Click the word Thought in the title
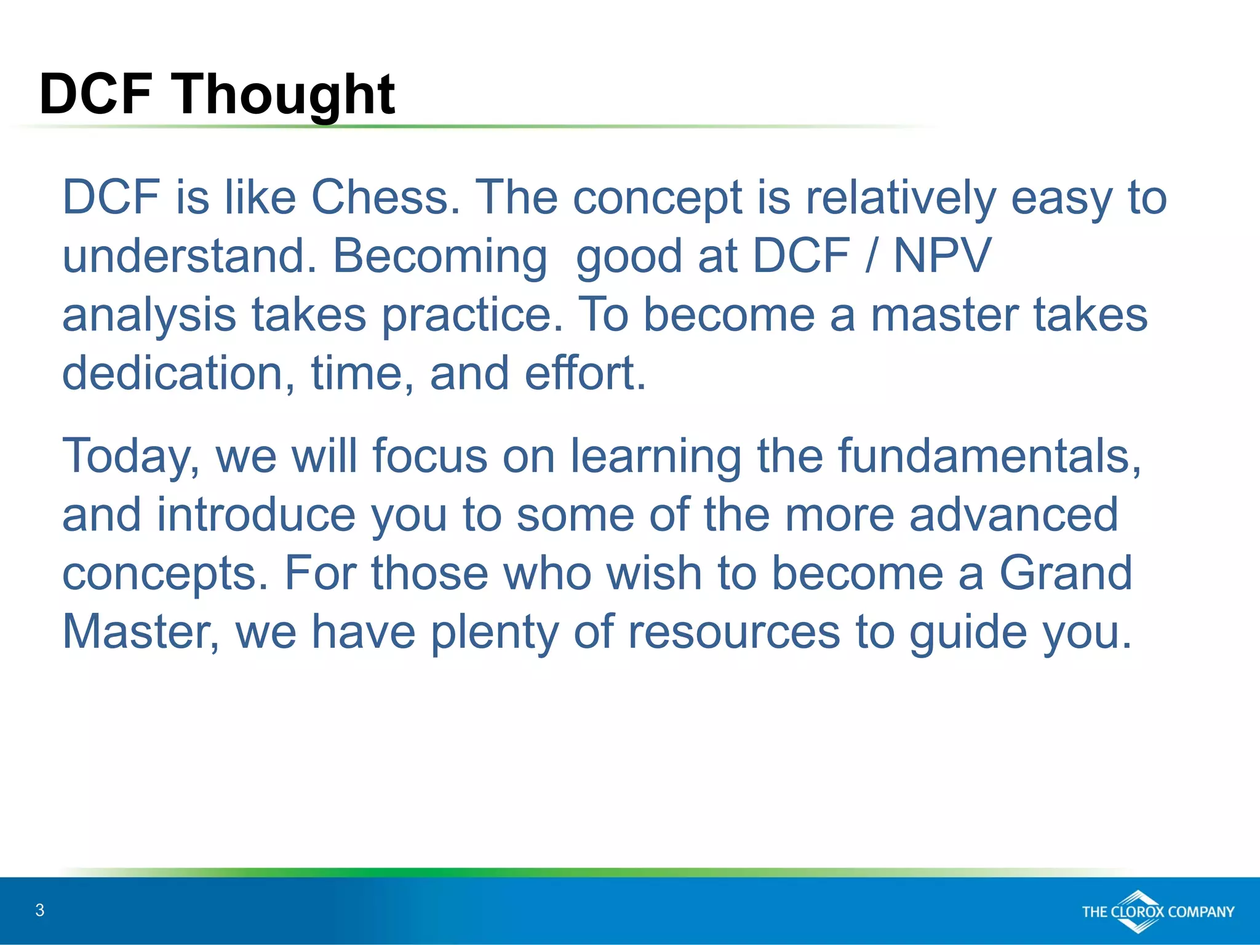[284, 95]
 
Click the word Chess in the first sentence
[385, 197]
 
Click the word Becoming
[439, 256]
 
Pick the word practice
[472, 315]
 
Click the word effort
[584, 373]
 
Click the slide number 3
[40, 911]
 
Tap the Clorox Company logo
[1157, 911]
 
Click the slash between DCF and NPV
[871, 256]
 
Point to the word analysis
[149, 315]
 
